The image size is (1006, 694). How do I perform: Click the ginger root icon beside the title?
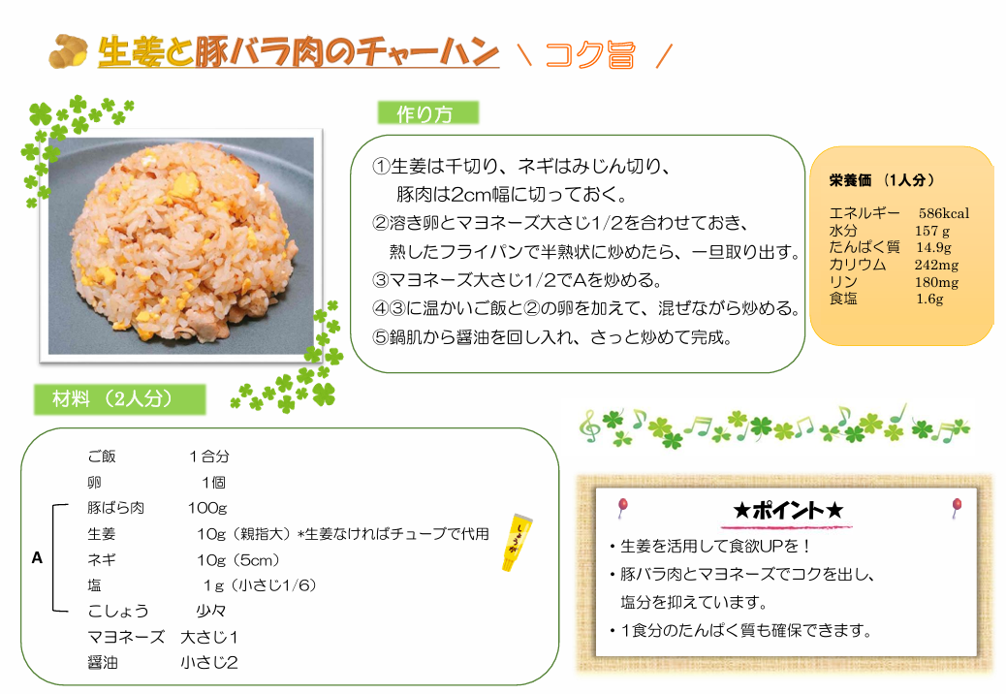[x=69, y=50]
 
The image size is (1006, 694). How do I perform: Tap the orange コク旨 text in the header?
[x=589, y=54]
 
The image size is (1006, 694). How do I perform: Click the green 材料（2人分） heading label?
[x=120, y=399]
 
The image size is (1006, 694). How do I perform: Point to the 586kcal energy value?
[x=944, y=213]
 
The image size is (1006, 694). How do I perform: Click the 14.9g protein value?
[x=933, y=247]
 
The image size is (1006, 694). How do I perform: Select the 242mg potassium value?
[x=937, y=265]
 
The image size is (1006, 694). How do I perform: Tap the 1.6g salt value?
[x=929, y=299]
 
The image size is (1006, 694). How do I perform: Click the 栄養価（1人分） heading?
[x=882, y=180]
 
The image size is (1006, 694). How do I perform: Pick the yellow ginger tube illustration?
[x=517, y=542]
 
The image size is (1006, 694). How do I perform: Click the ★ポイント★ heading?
[x=788, y=511]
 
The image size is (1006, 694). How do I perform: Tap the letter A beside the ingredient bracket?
[x=37, y=558]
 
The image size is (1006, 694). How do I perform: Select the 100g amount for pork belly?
[x=207, y=508]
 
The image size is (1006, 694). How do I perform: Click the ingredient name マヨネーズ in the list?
[x=126, y=637]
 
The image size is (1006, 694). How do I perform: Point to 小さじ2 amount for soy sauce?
[x=209, y=663]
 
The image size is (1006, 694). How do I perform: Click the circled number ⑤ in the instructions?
[x=381, y=337]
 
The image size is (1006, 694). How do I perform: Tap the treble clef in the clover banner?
[x=589, y=426]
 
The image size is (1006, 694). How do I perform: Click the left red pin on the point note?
[x=622, y=507]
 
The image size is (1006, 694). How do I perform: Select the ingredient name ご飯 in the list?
[x=102, y=456]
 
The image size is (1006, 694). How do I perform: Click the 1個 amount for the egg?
[x=213, y=483]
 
